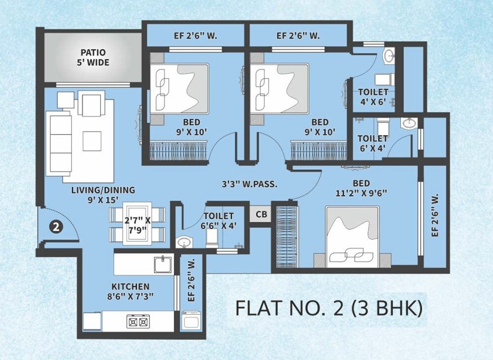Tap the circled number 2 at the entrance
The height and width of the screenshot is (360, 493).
pos(57,227)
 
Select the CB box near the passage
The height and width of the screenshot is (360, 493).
pos(261,214)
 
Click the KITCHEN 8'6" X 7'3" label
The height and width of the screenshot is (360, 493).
pos(130,291)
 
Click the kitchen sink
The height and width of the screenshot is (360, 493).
pos(162,264)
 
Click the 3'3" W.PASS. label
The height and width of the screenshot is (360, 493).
pos(249,185)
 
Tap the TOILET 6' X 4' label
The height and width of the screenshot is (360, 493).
pos(372,144)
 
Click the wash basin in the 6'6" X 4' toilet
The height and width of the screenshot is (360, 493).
pos(184,243)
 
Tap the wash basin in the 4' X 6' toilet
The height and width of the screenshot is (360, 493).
pos(388,55)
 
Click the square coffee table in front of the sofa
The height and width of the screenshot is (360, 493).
pos(92,140)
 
